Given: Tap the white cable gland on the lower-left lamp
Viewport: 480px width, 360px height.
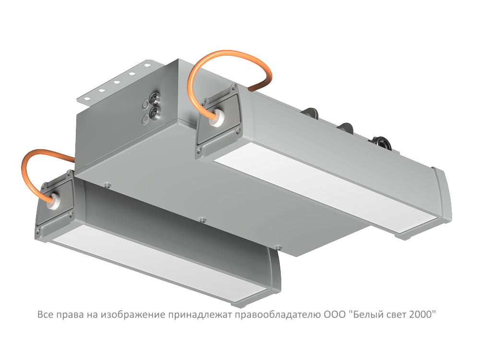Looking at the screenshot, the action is point(55,201).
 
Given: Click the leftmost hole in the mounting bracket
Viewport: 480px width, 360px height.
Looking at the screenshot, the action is point(87,98).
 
